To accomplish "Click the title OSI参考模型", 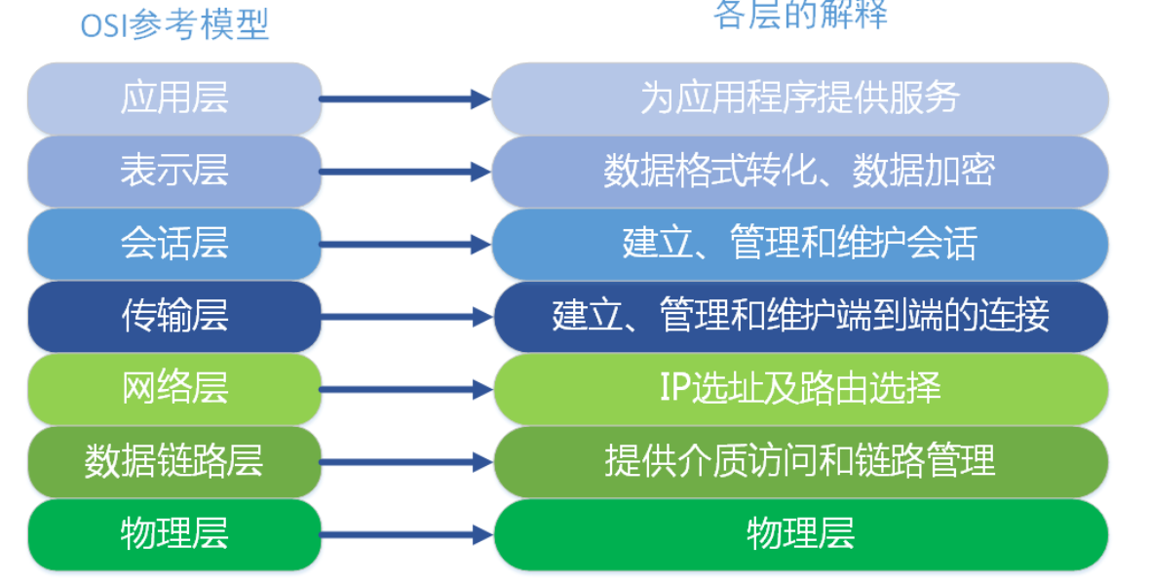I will point(173,25).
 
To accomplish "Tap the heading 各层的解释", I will point(800,16).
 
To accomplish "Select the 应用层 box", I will point(174,98).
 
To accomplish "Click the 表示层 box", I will point(174,171).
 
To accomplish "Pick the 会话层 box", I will point(174,244).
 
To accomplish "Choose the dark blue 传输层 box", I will point(174,316).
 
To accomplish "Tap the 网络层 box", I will point(174,388).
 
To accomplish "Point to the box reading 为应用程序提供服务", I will point(800,98).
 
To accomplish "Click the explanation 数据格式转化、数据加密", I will point(800,171).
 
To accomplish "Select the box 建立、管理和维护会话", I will point(800,244).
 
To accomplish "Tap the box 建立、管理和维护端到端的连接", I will point(800,316).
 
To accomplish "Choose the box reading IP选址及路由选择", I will point(800,388).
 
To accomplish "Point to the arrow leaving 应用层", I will point(404,98).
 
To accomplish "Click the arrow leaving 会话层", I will point(404,245).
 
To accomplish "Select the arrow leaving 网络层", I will point(404,390).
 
